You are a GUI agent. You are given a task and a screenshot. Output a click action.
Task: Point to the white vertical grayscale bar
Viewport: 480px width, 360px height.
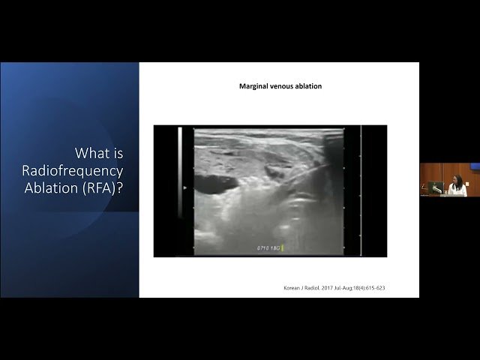[x=180, y=172]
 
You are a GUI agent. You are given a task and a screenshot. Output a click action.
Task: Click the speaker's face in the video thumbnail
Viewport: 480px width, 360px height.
[x=456, y=180]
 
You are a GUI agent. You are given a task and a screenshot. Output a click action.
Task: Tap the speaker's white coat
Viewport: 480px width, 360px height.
[x=457, y=190]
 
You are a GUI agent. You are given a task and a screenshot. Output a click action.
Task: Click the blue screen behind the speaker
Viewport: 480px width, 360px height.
[x=474, y=166]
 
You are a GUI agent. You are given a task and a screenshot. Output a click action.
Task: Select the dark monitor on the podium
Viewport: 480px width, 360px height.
[x=436, y=187]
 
